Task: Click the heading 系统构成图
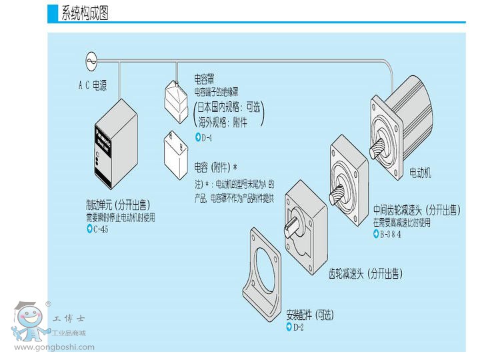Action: tap(85, 13)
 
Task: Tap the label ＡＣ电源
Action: tap(92, 85)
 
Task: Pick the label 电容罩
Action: tap(204, 79)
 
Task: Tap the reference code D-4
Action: tap(206, 137)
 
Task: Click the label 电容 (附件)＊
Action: tap(215, 167)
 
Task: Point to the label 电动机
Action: tap(420, 173)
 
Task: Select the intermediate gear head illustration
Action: tap(348, 177)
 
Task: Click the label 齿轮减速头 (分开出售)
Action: tap(365, 273)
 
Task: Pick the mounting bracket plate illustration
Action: tap(267, 273)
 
